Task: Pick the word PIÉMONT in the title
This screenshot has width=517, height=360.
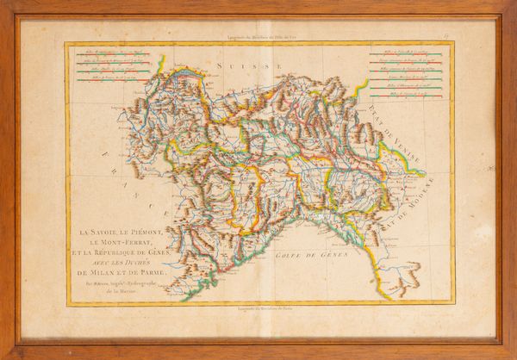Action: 154,232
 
